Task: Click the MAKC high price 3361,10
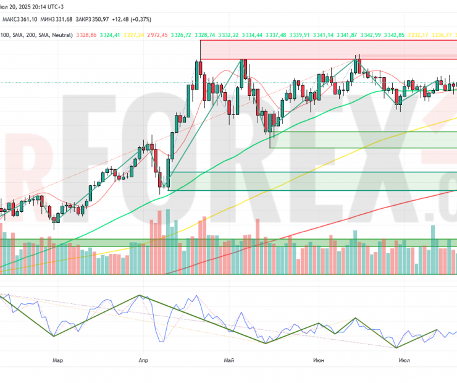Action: click(x=24, y=19)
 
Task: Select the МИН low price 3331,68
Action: click(x=60, y=19)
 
